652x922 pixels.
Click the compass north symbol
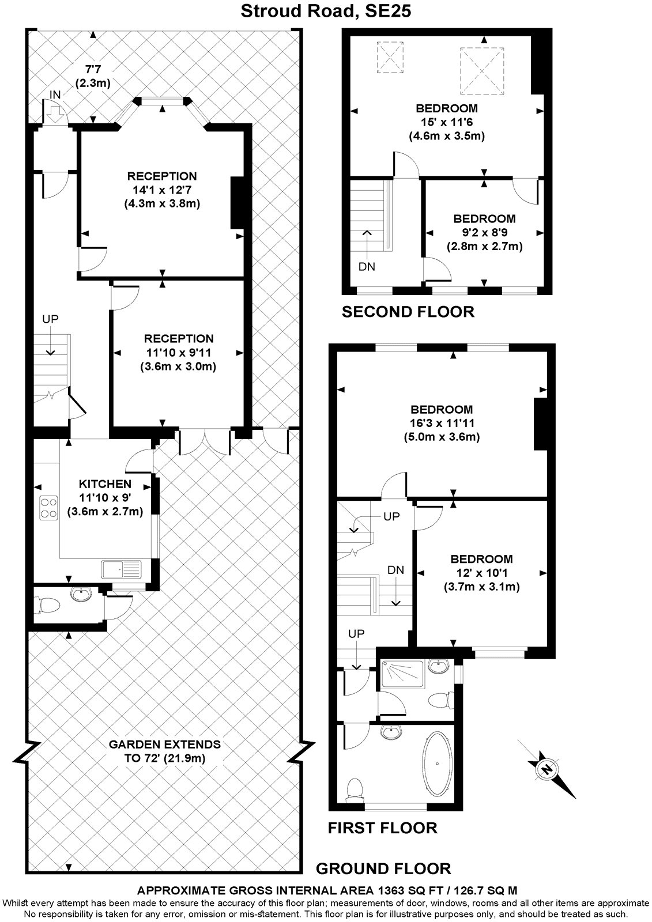click(546, 768)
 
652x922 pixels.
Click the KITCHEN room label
click(105, 484)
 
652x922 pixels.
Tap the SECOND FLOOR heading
click(408, 312)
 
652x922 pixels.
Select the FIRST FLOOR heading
click(382, 828)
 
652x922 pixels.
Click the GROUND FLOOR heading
click(383, 868)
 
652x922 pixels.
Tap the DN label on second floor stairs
click(367, 267)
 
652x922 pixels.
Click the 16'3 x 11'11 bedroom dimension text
click(441, 423)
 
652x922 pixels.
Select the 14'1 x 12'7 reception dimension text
click(161, 190)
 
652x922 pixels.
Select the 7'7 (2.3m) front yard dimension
click(92, 77)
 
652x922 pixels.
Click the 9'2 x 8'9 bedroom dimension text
click(484, 233)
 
